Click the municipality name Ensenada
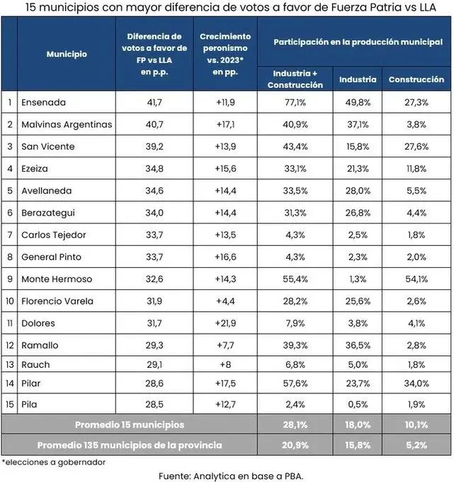coord(43,102)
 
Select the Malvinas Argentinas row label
coord(67,124)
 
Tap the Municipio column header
coord(67,54)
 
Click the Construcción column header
coord(416,79)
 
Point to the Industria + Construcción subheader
coord(295,79)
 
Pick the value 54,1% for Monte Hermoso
coord(416,279)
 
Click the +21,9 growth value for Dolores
coord(225,323)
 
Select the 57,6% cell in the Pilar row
coord(295,383)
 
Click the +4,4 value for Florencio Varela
coord(225,301)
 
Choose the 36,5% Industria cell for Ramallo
coord(358,345)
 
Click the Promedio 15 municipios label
coord(130,425)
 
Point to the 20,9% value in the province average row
coord(295,445)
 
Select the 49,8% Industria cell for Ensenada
coord(358,102)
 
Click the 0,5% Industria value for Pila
coord(358,405)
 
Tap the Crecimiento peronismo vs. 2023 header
coord(225,54)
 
